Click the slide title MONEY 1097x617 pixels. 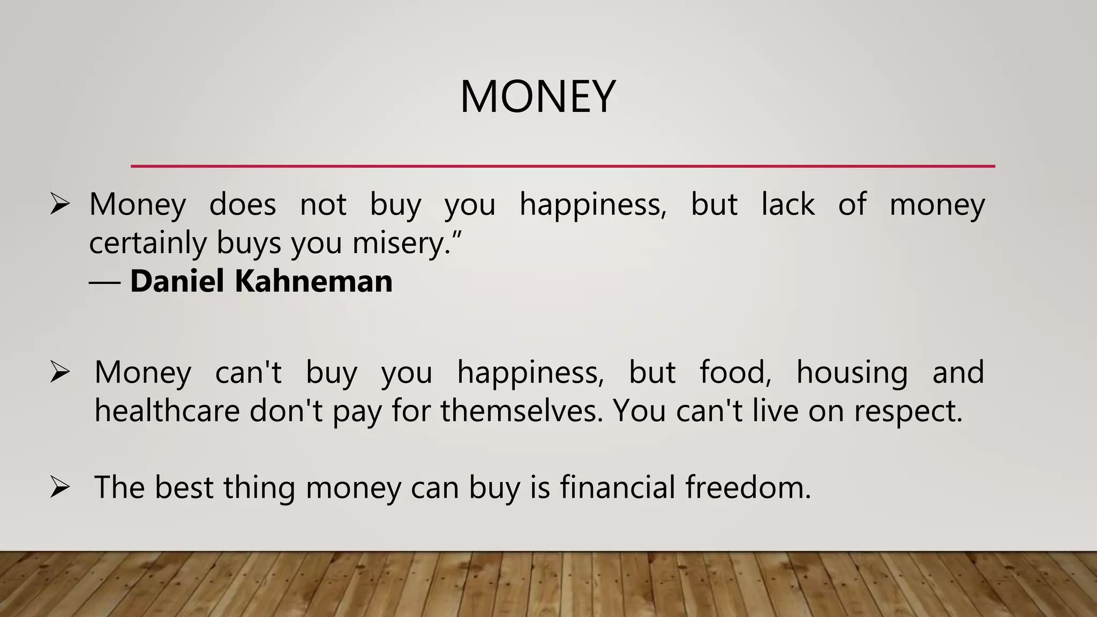tap(538, 97)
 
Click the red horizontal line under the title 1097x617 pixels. tap(562, 167)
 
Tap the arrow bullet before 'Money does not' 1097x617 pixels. tap(59, 204)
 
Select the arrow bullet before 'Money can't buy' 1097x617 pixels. tap(59, 372)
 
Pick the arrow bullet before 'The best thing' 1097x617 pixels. tap(59, 487)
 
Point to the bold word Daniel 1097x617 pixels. tap(177, 281)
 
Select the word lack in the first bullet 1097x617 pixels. tap(788, 204)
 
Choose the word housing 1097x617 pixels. tap(852, 373)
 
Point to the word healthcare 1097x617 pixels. tap(167, 411)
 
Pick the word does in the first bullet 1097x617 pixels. tap(243, 204)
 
